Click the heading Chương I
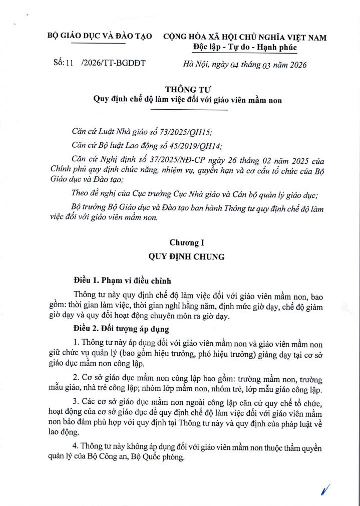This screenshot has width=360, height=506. click(x=187, y=243)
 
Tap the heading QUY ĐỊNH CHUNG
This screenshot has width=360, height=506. click(x=187, y=257)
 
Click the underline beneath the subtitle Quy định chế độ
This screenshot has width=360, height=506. click(x=188, y=109)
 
